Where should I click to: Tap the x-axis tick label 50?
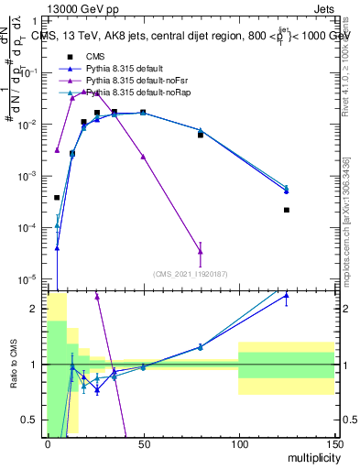(143, 443)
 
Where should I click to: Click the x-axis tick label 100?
(238, 443)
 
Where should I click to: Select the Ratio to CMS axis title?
(13, 365)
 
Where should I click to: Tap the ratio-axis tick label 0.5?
(31, 420)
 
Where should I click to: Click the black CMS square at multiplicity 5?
(57, 197)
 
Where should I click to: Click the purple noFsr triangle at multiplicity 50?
(143, 157)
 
